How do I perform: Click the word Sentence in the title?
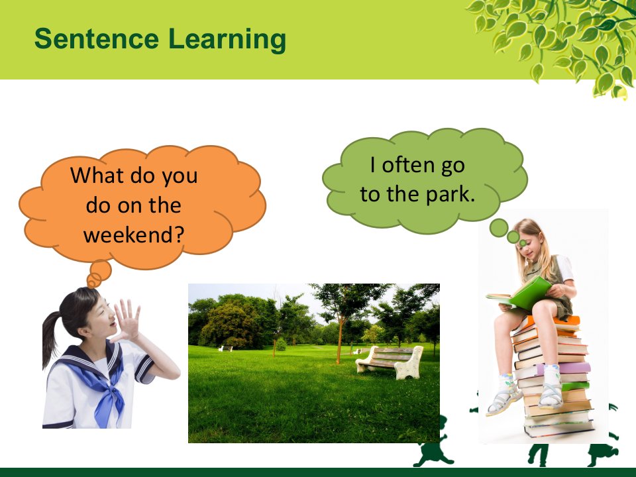click(97, 38)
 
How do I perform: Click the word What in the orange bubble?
click(96, 175)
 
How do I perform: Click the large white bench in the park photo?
click(390, 362)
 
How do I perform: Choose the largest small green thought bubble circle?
click(499, 228)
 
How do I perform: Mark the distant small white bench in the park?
click(225, 348)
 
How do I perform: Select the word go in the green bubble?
click(452, 166)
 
